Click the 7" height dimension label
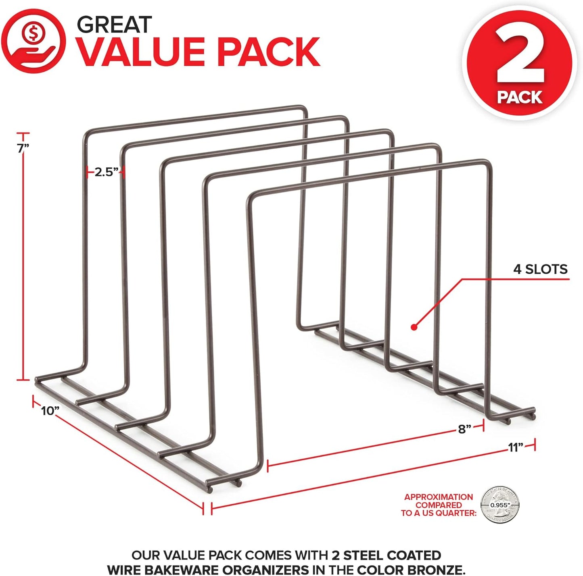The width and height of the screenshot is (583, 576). click(x=23, y=148)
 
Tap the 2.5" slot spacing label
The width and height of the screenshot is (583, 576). click(x=106, y=173)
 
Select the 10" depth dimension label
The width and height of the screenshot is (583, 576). click(x=50, y=411)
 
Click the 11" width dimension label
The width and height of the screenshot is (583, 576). click(x=515, y=447)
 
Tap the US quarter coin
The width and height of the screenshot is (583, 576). click(x=500, y=505)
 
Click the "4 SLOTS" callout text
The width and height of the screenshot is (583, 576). click(x=540, y=269)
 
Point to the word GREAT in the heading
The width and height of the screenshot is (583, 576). click(x=114, y=25)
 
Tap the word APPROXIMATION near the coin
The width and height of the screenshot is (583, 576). click(x=439, y=497)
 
